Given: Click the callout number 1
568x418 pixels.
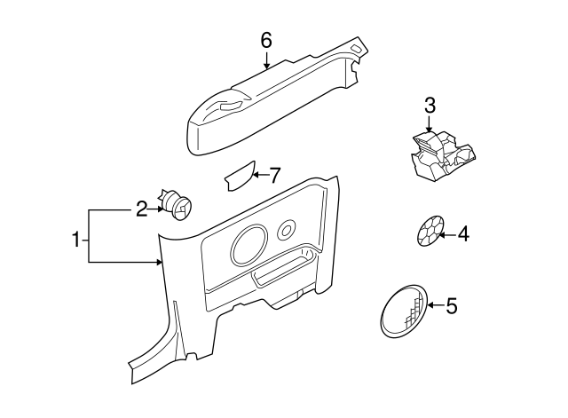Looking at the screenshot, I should click(x=76, y=239).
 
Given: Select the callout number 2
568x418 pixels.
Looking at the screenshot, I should click(x=141, y=209).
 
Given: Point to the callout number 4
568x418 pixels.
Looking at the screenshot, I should click(x=463, y=235).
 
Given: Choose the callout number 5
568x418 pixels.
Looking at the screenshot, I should click(x=451, y=307).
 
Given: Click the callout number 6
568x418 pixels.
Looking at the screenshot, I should click(x=265, y=40).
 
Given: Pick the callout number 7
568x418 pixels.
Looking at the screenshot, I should click(x=274, y=176).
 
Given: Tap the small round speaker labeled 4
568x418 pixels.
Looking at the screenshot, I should click(x=429, y=233).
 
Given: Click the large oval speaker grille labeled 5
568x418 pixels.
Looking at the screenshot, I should click(x=401, y=312).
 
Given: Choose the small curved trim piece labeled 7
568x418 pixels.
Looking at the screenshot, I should click(x=239, y=176).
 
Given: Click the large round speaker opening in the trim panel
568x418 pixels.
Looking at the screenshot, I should click(x=248, y=244).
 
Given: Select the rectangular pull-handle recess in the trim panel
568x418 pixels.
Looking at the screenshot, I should click(x=282, y=272).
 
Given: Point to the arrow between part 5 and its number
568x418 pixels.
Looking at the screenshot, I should click(x=434, y=306).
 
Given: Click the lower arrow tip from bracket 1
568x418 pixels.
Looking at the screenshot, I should click(x=160, y=262).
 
